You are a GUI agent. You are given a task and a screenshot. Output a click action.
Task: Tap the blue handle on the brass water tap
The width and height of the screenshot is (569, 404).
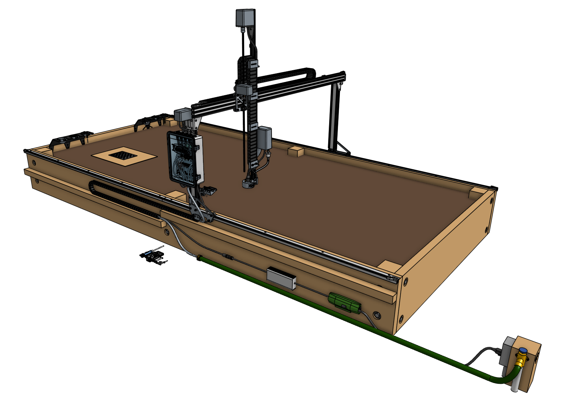click(x=523, y=351)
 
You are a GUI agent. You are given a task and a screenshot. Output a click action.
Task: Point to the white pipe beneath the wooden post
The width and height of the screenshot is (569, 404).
click(x=515, y=383)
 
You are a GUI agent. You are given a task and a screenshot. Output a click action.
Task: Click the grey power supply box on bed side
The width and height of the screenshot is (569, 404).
click(x=281, y=278)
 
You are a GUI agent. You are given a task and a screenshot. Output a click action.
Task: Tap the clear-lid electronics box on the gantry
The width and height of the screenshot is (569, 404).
click(x=185, y=158)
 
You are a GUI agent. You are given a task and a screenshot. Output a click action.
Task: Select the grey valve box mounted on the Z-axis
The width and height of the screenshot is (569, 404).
click(x=264, y=138)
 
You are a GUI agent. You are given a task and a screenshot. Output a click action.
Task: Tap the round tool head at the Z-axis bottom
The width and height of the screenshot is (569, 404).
click(x=249, y=183)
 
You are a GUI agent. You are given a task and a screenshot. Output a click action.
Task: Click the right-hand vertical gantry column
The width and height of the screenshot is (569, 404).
click(x=333, y=117)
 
